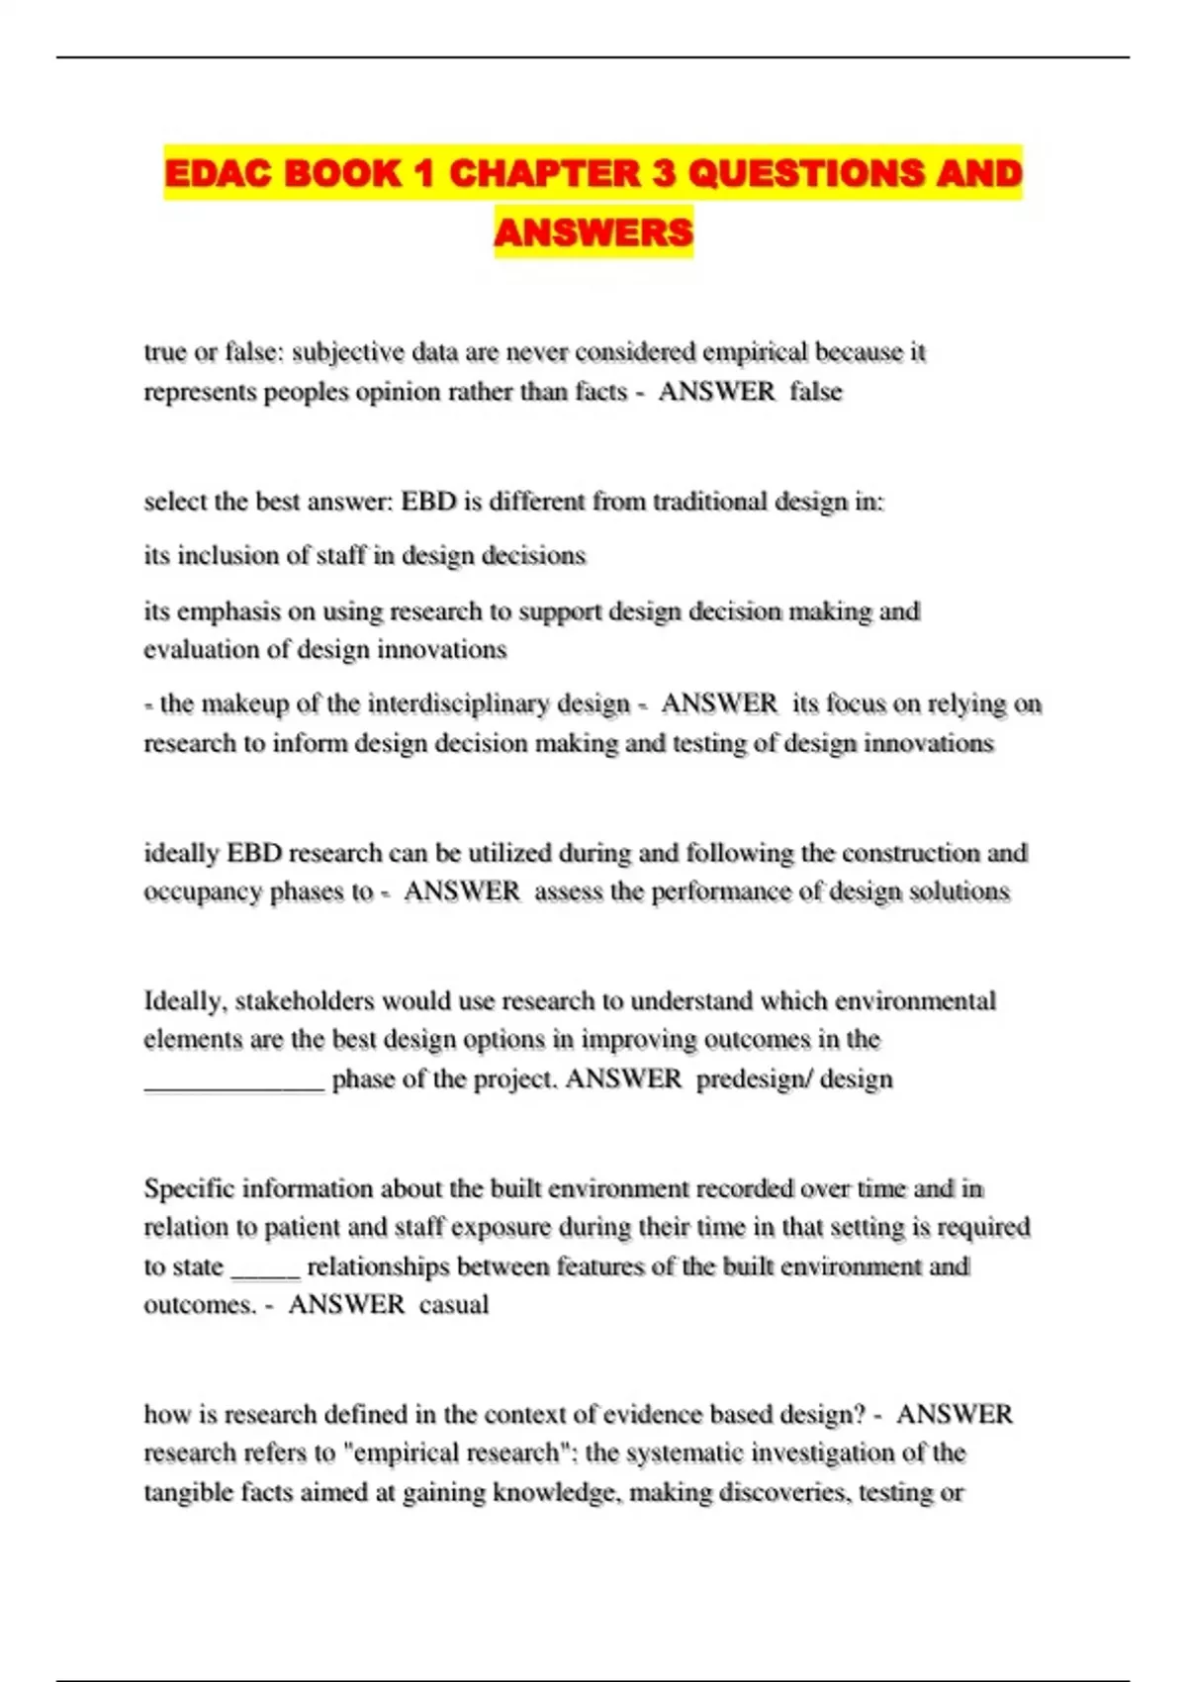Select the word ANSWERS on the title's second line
pos(593,233)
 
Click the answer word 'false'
pos(816,392)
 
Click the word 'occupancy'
pos(203,892)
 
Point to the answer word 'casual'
pos(454,1305)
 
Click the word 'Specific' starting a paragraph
pos(188,1188)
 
